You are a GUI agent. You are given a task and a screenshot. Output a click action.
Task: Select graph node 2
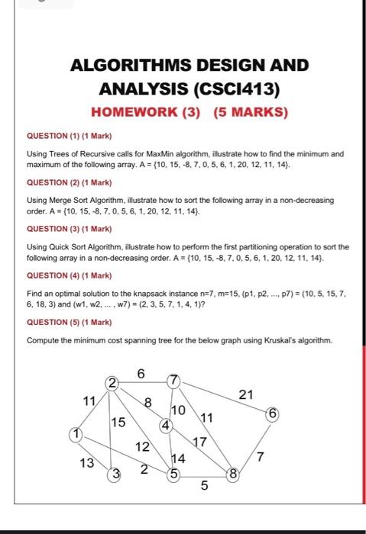pos(112,382)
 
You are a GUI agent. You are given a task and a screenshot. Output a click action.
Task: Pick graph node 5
pos(173,474)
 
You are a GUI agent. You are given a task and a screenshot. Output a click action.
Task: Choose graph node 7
pos(174,380)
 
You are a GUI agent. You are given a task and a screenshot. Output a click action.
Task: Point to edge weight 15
pos(118,421)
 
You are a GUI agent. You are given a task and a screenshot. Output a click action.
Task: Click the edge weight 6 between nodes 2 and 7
pos(141,373)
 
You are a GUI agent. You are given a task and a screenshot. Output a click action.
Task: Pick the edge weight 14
pos(178,458)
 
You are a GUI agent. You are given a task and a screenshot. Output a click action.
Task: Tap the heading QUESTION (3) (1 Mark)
pos(70,228)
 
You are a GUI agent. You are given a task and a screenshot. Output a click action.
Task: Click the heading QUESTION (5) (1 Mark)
pos(70,321)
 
